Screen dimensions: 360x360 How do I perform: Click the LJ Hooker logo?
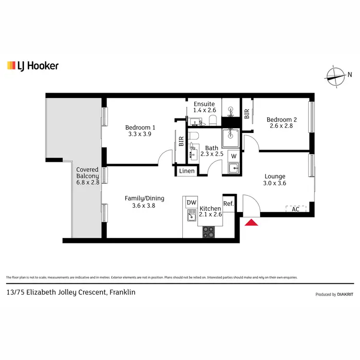click(33, 66)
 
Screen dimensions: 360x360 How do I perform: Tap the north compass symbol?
click(336, 74)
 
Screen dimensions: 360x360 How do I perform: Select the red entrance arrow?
click(251, 222)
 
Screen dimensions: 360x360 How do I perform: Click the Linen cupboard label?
click(187, 171)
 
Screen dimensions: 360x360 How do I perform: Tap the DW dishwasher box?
click(192, 203)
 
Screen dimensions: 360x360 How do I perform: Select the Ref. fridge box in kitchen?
click(228, 204)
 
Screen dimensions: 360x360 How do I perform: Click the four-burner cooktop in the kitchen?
click(209, 232)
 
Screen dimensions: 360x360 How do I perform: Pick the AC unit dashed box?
click(296, 209)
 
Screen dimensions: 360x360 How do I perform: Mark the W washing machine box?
click(233, 156)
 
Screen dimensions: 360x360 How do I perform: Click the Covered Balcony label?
click(87, 173)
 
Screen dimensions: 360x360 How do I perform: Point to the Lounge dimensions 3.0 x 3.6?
click(275, 183)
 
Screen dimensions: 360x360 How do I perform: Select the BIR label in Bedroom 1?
click(181, 142)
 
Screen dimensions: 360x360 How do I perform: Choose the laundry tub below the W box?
click(233, 168)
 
